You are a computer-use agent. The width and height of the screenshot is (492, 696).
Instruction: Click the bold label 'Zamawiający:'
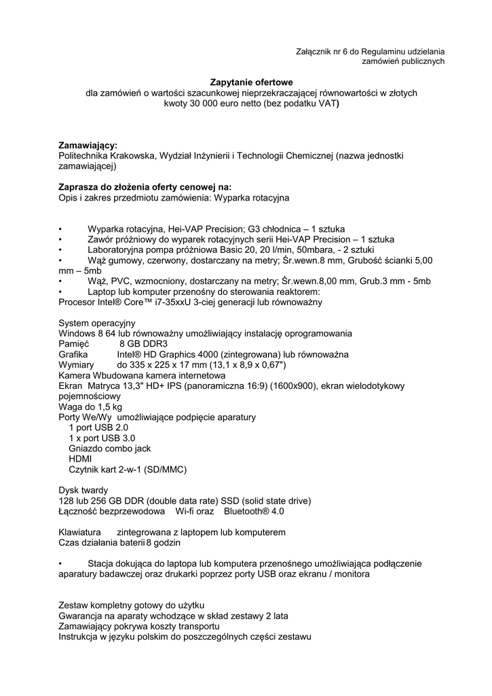click(x=88, y=145)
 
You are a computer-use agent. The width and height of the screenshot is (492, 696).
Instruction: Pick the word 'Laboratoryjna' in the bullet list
click(x=116, y=250)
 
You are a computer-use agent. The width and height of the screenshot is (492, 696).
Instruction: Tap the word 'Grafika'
click(x=74, y=354)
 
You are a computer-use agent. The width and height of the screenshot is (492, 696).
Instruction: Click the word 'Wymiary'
click(x=76, y=364)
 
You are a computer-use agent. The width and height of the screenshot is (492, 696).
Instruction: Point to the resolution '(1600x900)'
click(x=292, y=385)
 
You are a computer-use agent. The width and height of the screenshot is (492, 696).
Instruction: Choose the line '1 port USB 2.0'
click(x=98, y=428)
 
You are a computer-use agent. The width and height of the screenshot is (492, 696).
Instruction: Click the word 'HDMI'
click(x=80, y=459)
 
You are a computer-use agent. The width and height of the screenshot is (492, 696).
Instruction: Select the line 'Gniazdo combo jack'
click(x=110, y=449)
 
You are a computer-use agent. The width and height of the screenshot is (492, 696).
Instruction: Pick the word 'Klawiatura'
click(x=80, y=532)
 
